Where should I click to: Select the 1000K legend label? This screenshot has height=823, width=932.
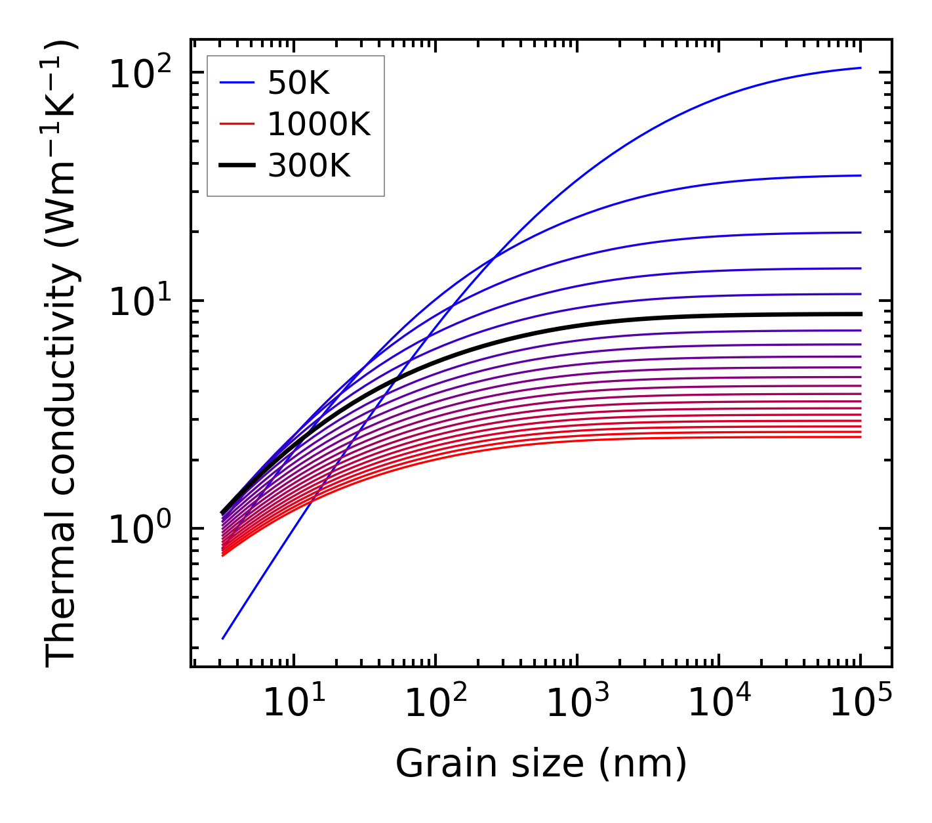[x=319, y=124]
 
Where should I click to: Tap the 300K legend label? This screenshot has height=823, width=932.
[x=309, y=166]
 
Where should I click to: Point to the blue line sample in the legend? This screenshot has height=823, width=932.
[x=236, y=83]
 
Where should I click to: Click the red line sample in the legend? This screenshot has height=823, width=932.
[x=236, y=124]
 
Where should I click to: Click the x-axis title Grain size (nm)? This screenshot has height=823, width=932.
[x=541, y=764]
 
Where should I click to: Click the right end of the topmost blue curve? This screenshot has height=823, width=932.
[x=860, y=68]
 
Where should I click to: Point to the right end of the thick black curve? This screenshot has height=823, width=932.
[x=860, y=314]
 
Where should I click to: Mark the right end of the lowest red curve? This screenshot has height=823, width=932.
[x=860, y=437]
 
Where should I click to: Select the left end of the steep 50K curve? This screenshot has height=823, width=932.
[x=224, y=638]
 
